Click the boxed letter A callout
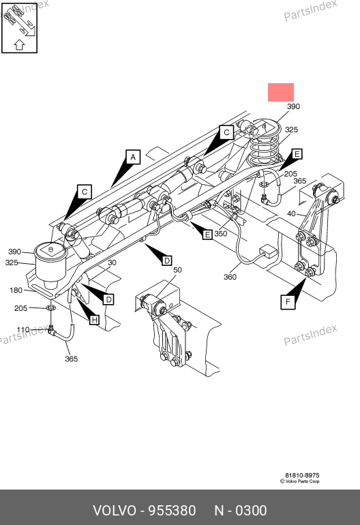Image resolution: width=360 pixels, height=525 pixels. [133, 157]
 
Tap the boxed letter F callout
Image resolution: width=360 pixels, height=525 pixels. [288, 302]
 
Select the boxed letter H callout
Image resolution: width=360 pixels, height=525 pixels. [95, 320]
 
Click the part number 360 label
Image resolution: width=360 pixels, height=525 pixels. [230, 277]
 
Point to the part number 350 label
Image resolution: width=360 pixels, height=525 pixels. [221, 233]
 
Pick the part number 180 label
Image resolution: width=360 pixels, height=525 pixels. [16, 290]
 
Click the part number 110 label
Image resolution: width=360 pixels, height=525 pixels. [23, 329]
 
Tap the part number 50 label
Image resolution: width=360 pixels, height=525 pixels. [177, 270]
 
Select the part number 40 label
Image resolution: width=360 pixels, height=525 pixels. [291, 213]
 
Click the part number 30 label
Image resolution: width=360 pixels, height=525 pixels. [112, 262]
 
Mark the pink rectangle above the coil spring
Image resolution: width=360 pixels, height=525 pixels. [281, 93]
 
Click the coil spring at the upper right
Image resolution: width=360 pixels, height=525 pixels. [265, 143]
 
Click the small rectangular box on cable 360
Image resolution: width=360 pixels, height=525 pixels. [268, 251]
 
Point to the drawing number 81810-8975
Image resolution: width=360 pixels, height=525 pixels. [302, 475]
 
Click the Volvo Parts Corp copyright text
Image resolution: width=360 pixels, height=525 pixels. [300, 481]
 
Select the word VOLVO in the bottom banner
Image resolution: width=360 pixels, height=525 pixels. [115, 511]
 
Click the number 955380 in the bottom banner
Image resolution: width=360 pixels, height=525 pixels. [172, 511]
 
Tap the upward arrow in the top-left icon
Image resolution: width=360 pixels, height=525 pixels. [19, 45]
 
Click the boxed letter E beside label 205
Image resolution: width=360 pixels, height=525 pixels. [297, 154]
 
